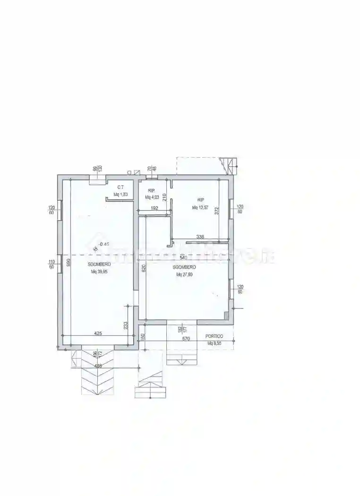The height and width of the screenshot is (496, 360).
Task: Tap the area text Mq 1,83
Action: tap(120, 194)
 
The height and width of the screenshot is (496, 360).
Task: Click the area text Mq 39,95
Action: tap(99, 272)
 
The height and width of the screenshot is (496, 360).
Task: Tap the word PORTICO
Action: tap(214, 336)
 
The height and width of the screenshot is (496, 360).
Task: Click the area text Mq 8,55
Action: tap(214, 343)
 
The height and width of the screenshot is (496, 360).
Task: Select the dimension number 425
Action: tap(98, 334)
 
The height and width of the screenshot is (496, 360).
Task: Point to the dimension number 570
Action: tap(185, 339)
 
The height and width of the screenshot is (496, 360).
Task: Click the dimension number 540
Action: tap(184, 258)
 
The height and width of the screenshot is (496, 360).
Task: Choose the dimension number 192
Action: tap(154, 208)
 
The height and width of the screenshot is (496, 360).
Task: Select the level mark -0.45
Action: tap(103, 244)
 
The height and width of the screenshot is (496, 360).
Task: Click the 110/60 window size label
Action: tap(52, 265)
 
